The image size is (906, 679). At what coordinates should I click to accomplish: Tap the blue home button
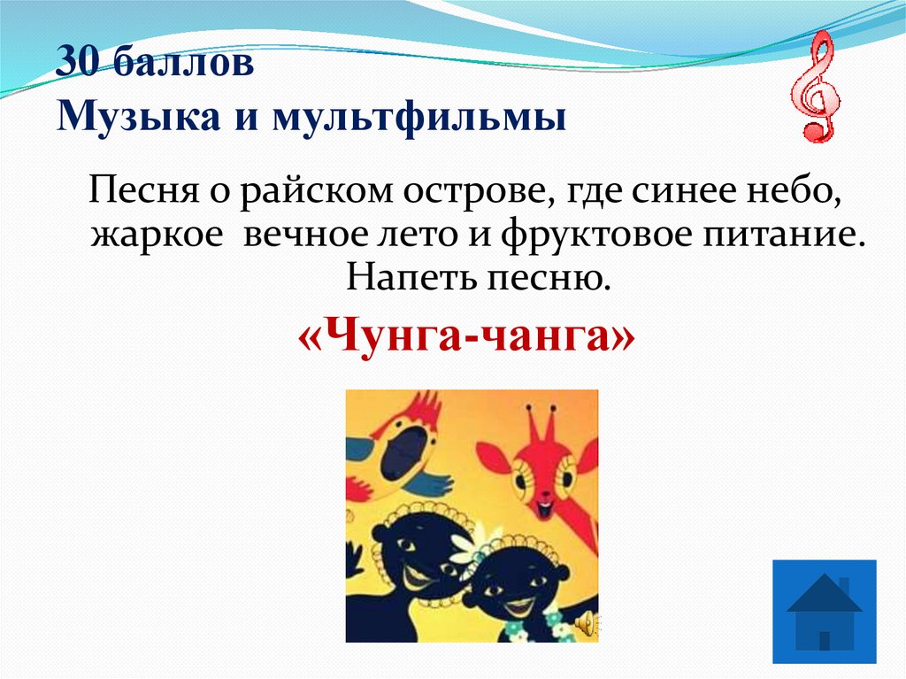tap(824, 612)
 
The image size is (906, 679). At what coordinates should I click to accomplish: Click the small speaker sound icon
tap(585, 625)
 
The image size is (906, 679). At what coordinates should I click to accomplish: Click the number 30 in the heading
tap(77, 65)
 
